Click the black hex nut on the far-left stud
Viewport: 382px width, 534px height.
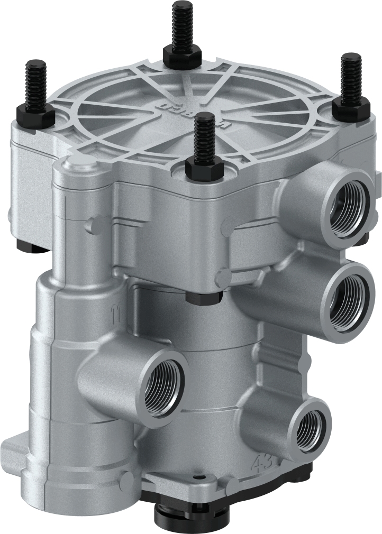(x=35, y=112)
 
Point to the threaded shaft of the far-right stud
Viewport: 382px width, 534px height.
(x=350, y=77)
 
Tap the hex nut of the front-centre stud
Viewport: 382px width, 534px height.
(x=204, y=170)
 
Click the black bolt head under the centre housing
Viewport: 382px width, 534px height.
(x=204, y=298)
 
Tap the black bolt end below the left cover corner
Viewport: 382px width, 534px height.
(x=27, y=244)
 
